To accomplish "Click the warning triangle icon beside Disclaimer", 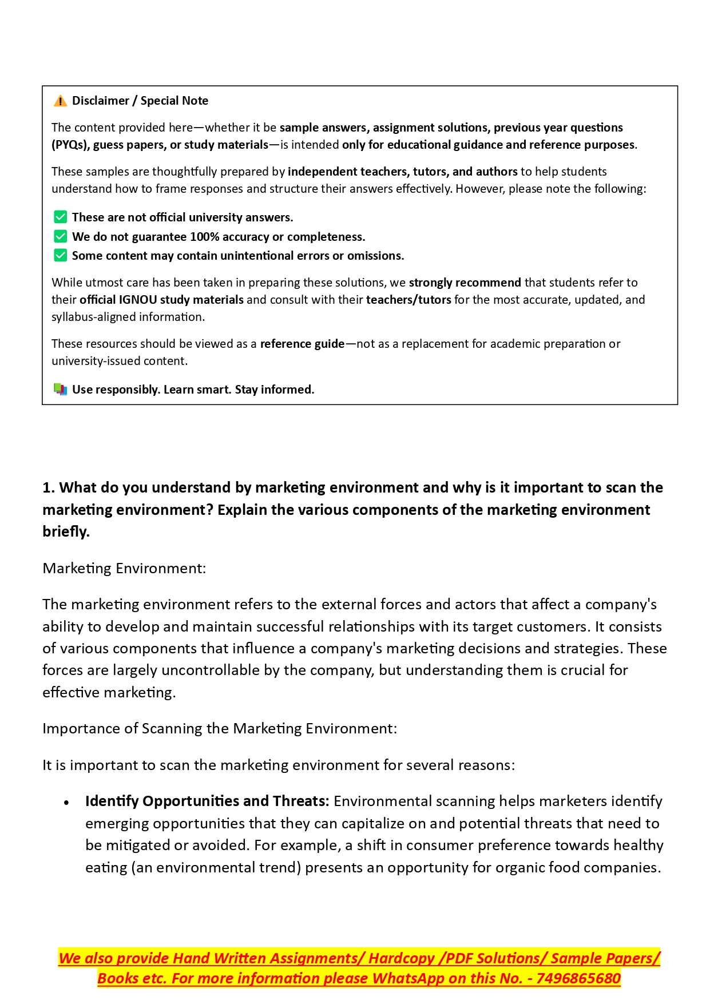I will pos(60,101).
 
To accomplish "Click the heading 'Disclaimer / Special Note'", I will pos(140,101).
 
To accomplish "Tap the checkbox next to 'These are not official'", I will pos(60,217).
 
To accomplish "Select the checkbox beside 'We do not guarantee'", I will pos(60,237).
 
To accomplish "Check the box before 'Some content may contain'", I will pos(60,256).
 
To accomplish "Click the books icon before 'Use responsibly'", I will pos(60,390).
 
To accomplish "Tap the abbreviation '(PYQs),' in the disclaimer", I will pos(70,145).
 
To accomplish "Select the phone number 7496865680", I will pos(578,978).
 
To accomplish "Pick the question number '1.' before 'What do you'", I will pos(49,487).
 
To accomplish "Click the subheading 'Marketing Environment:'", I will pos(124,568).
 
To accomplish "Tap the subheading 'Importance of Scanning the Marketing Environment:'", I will pos(220,728).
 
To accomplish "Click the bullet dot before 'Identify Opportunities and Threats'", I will pos(67,803).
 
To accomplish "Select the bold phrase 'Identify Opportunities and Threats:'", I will pos(207,801).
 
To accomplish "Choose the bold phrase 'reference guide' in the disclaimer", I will pos(302,344).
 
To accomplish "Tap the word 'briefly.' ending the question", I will pos(66,531).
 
